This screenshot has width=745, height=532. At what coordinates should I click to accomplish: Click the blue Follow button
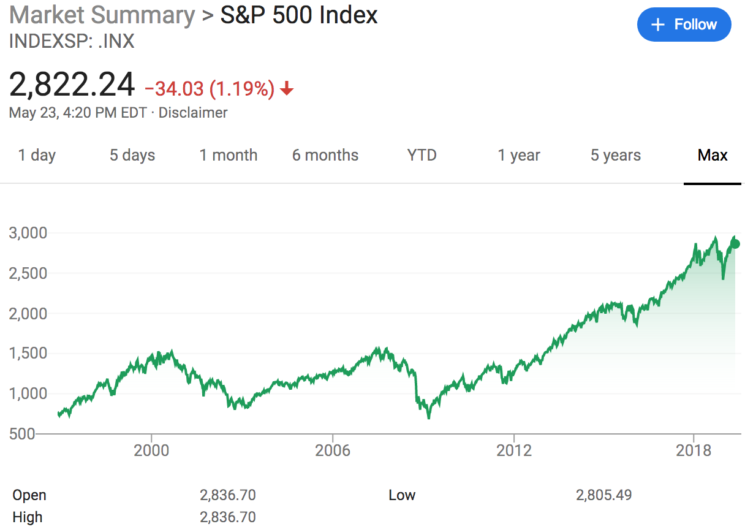point(684,25)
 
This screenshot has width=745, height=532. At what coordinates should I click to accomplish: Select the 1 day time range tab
point(37,155)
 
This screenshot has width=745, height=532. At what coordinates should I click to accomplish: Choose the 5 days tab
point(132,155)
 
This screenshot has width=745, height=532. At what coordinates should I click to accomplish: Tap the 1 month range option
point(229,155)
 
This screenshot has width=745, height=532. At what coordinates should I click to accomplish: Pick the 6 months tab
point(325,155)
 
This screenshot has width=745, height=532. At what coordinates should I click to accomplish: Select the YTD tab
point(422,155)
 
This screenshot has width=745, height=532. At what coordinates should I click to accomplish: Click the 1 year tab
point(519,155)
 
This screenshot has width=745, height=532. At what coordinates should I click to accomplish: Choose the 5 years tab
point(616,155)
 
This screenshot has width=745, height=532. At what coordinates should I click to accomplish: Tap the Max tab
point(713,155)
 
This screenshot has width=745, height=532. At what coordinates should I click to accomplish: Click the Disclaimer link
point(193,113)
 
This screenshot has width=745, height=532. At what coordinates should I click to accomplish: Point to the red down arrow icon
point(287,89)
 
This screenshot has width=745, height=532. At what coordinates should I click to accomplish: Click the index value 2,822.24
point(72,85)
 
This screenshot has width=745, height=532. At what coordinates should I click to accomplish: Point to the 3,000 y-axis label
point(28,233)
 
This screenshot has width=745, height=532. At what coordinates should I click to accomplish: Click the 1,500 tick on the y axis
point(28,354)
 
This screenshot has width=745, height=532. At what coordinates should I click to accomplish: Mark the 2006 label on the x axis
point(333,450)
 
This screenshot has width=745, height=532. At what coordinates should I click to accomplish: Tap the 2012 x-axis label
point(514,450)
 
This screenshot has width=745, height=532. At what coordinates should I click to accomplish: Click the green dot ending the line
point(735,244)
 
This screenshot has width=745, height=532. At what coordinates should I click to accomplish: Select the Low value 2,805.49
point(603,495)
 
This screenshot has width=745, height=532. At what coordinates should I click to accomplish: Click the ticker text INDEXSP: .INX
point(72,42)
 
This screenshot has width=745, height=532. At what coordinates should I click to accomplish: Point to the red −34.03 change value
point(174,89)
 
